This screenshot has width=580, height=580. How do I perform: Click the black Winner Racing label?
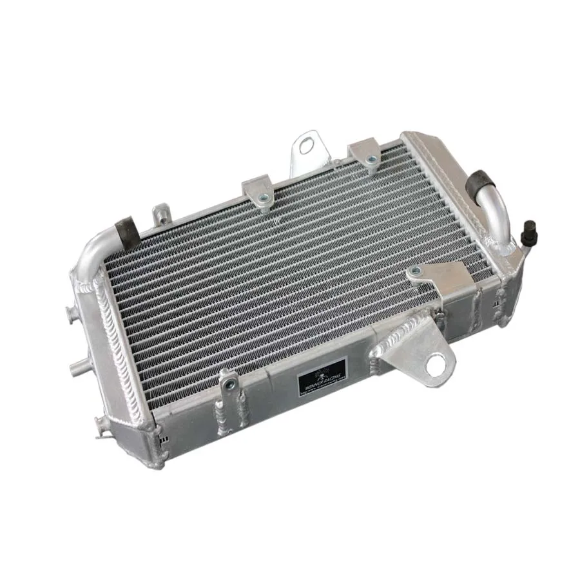tap(322, 376)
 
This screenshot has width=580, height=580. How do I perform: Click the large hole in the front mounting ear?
tap(436, 363)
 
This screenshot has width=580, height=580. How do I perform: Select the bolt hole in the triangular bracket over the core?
tap(417, 271)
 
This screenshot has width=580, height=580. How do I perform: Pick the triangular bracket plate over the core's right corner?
tap(441, 277)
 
